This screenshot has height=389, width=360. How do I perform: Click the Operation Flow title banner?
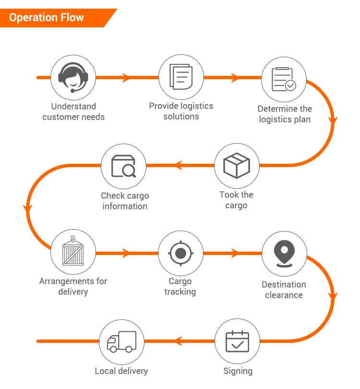tap(47, 18)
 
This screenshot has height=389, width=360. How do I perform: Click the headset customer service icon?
tap(73, 77)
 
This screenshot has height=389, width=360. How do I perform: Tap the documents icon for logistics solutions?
tap(181, 77)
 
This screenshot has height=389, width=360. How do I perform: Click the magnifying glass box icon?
tap(123, 166)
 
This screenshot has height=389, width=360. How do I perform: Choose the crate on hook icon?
tap(73, 252)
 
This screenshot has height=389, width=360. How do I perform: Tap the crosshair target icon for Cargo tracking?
tap(180, 253)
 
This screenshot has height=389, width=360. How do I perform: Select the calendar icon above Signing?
tap(237, 341)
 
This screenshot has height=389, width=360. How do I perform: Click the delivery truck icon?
tap(121, 341)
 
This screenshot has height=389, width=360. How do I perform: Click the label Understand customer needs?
tap(73, 111)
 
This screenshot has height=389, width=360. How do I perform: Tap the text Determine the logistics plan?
tap(285, 114)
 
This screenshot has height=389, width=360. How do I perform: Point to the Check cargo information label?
tap(125, 201)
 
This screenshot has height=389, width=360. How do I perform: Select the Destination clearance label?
tap(284, 290)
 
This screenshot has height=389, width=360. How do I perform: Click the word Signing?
tap(238, 371)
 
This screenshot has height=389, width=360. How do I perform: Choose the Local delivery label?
tap(121, 371)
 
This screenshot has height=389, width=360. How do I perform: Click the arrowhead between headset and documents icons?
tap(127, 77)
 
